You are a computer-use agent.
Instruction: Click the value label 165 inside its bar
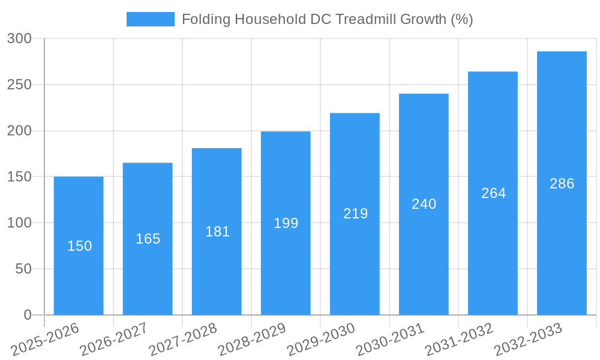(148, 239)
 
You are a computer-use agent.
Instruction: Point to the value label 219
(355, 214)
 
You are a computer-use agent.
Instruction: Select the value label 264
(493, 193)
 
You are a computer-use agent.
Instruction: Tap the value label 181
(217, 232)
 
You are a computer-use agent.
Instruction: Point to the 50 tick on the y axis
(23, 269)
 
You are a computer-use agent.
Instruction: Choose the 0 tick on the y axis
(27, 315)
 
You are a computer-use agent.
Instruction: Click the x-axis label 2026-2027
(114, 340)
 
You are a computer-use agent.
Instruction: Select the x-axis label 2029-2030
(321, 340)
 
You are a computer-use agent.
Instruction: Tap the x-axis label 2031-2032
(459, 340)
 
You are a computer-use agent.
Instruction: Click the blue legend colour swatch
(150, 19)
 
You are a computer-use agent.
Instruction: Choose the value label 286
(562, 184)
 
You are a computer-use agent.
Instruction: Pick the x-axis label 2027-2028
(183, 340)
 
